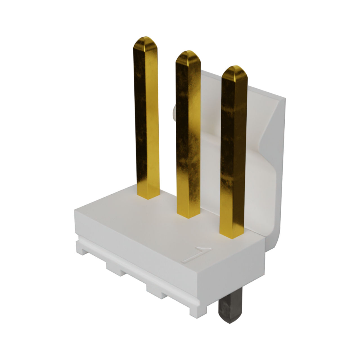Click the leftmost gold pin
[147, 118]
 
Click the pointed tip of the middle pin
[188, 50]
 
